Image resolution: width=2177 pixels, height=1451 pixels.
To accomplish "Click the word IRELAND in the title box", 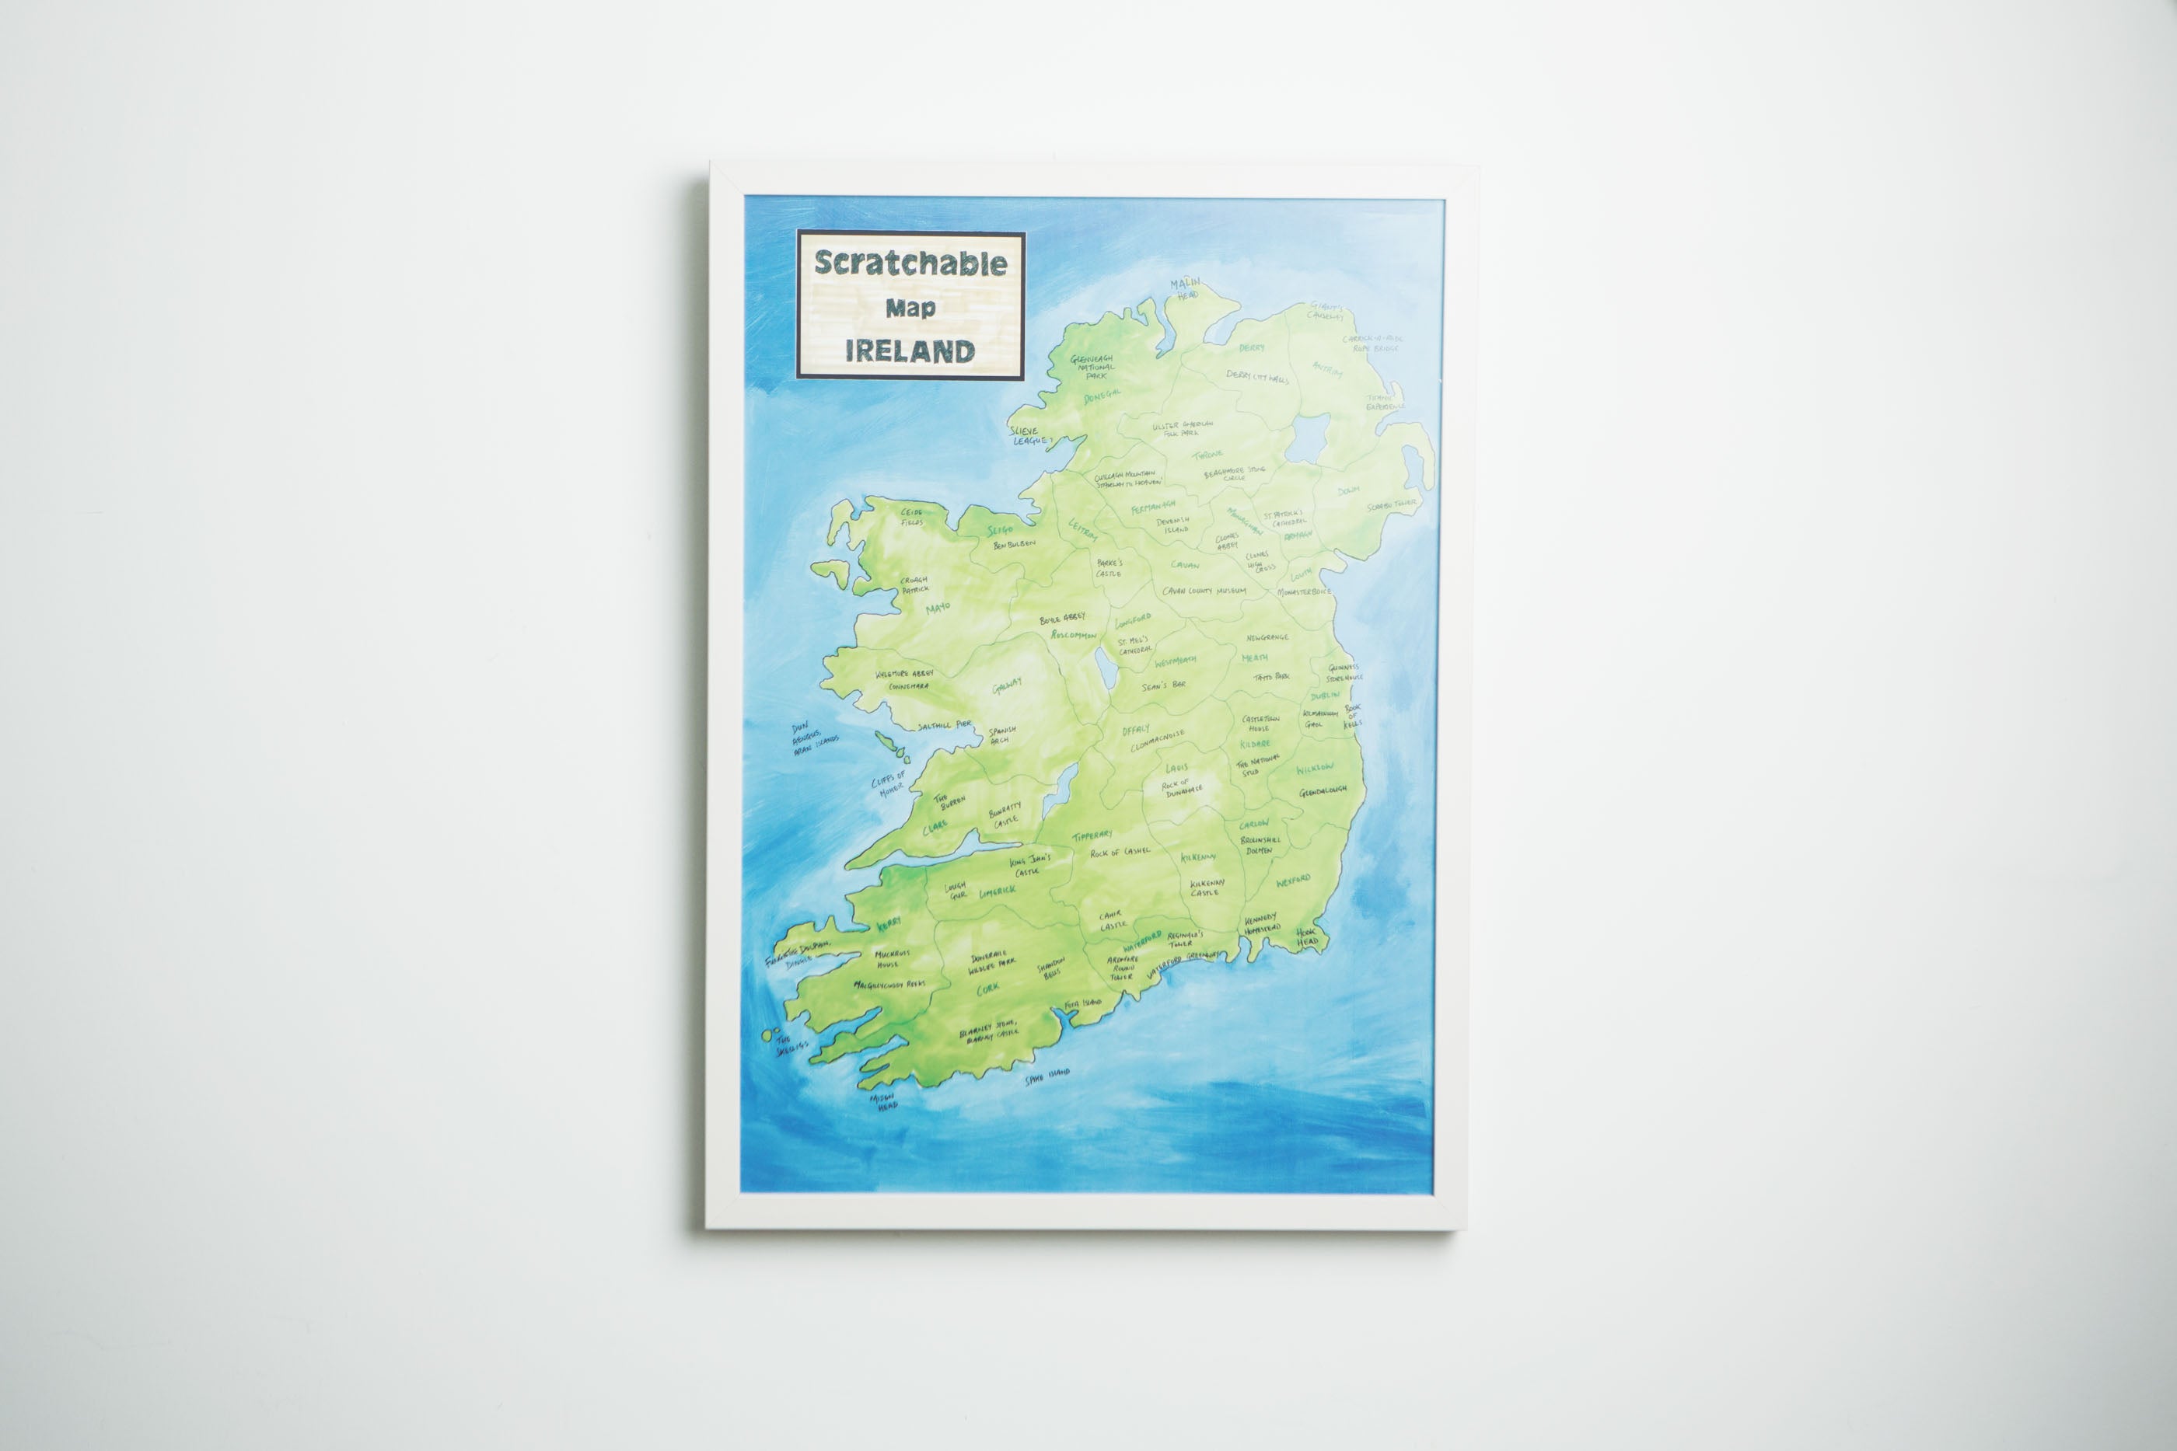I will coord(910,351).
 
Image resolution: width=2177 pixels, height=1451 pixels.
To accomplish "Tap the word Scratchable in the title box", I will coord(910,263).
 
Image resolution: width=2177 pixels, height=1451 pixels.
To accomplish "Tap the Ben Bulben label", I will coord(1014,545).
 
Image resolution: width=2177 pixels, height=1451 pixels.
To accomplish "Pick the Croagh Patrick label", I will coord(914,585).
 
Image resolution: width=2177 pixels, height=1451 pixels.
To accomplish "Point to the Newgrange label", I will coord(1267,637).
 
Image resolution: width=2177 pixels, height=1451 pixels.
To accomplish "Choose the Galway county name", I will coord(1007,685).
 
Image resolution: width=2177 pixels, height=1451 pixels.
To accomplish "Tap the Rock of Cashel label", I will coord(1120,851).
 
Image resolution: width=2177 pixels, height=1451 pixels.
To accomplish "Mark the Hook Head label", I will coord(1307,937).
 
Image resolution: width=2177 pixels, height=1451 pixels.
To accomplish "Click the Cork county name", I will coord(987,989).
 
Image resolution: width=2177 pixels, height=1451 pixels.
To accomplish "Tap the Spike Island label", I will coord(1047,1076).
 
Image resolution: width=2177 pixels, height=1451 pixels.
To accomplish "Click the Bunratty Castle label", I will coord(1005,815).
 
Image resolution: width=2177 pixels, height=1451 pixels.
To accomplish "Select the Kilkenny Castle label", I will coord(1207,888).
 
